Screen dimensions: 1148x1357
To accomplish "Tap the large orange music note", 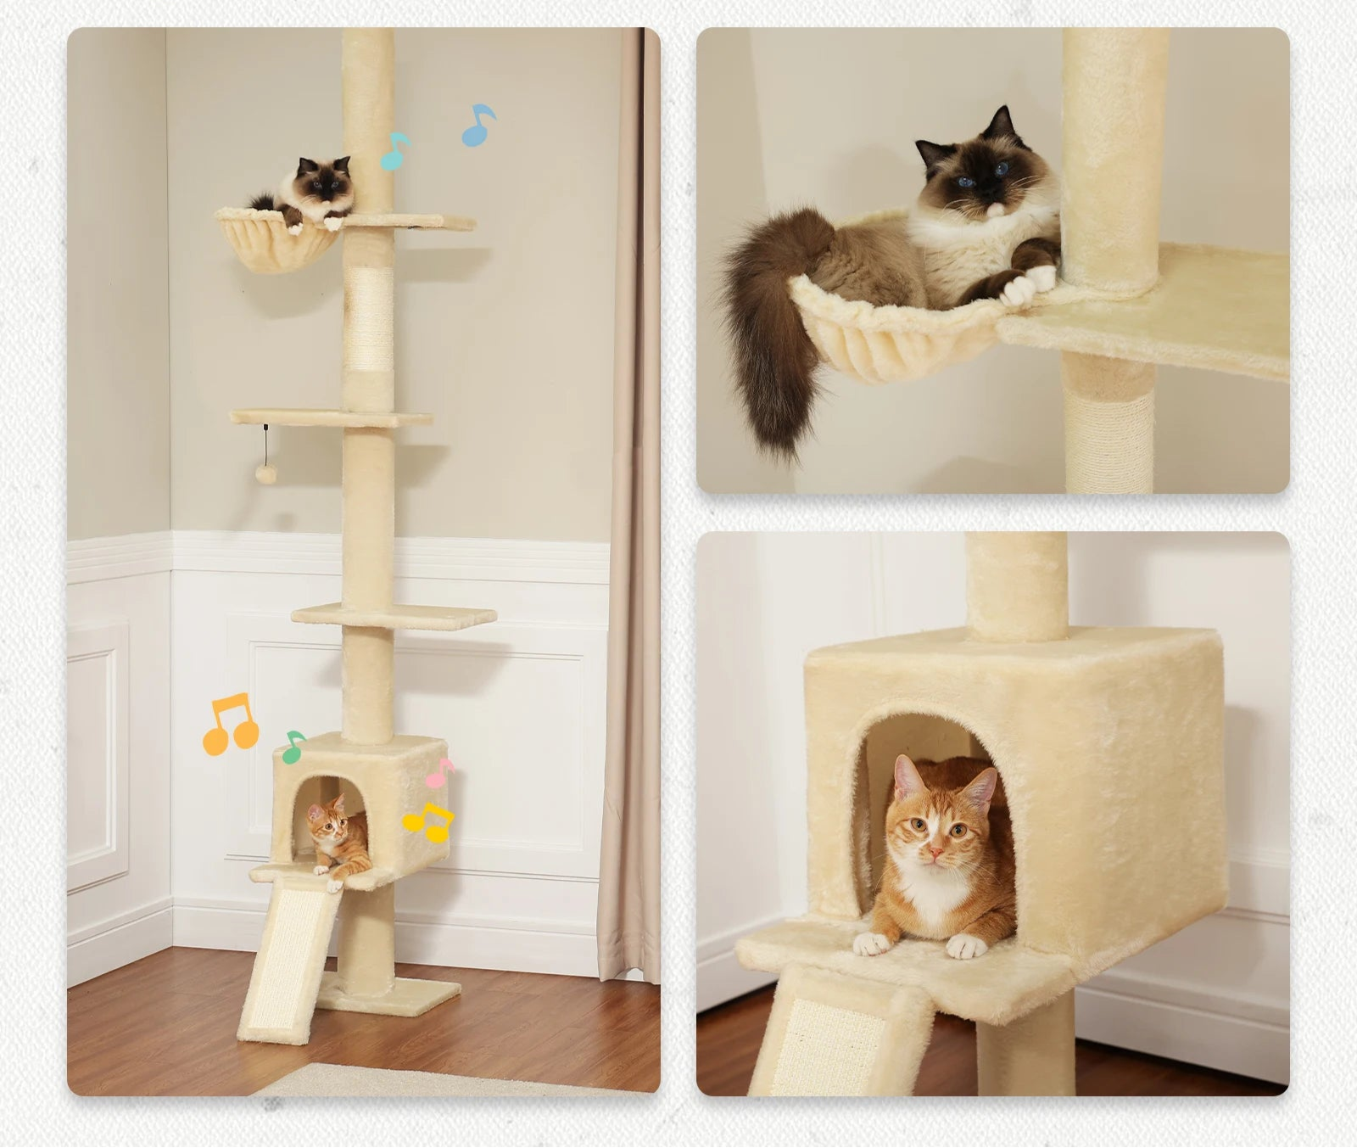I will pos(230,725).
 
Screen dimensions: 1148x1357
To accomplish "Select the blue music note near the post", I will pos(478,126).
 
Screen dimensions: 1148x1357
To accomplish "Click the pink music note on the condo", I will pos(439,773).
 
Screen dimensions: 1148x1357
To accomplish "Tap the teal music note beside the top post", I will pos(394,151).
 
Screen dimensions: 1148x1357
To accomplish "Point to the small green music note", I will pos(293,747).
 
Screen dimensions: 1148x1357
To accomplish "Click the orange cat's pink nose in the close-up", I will pos(934,850).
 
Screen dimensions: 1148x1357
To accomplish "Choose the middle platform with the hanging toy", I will pos(331,417).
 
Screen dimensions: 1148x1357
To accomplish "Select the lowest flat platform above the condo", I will pos(394,616).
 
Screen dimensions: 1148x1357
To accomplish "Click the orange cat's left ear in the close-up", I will pos(907,777).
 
